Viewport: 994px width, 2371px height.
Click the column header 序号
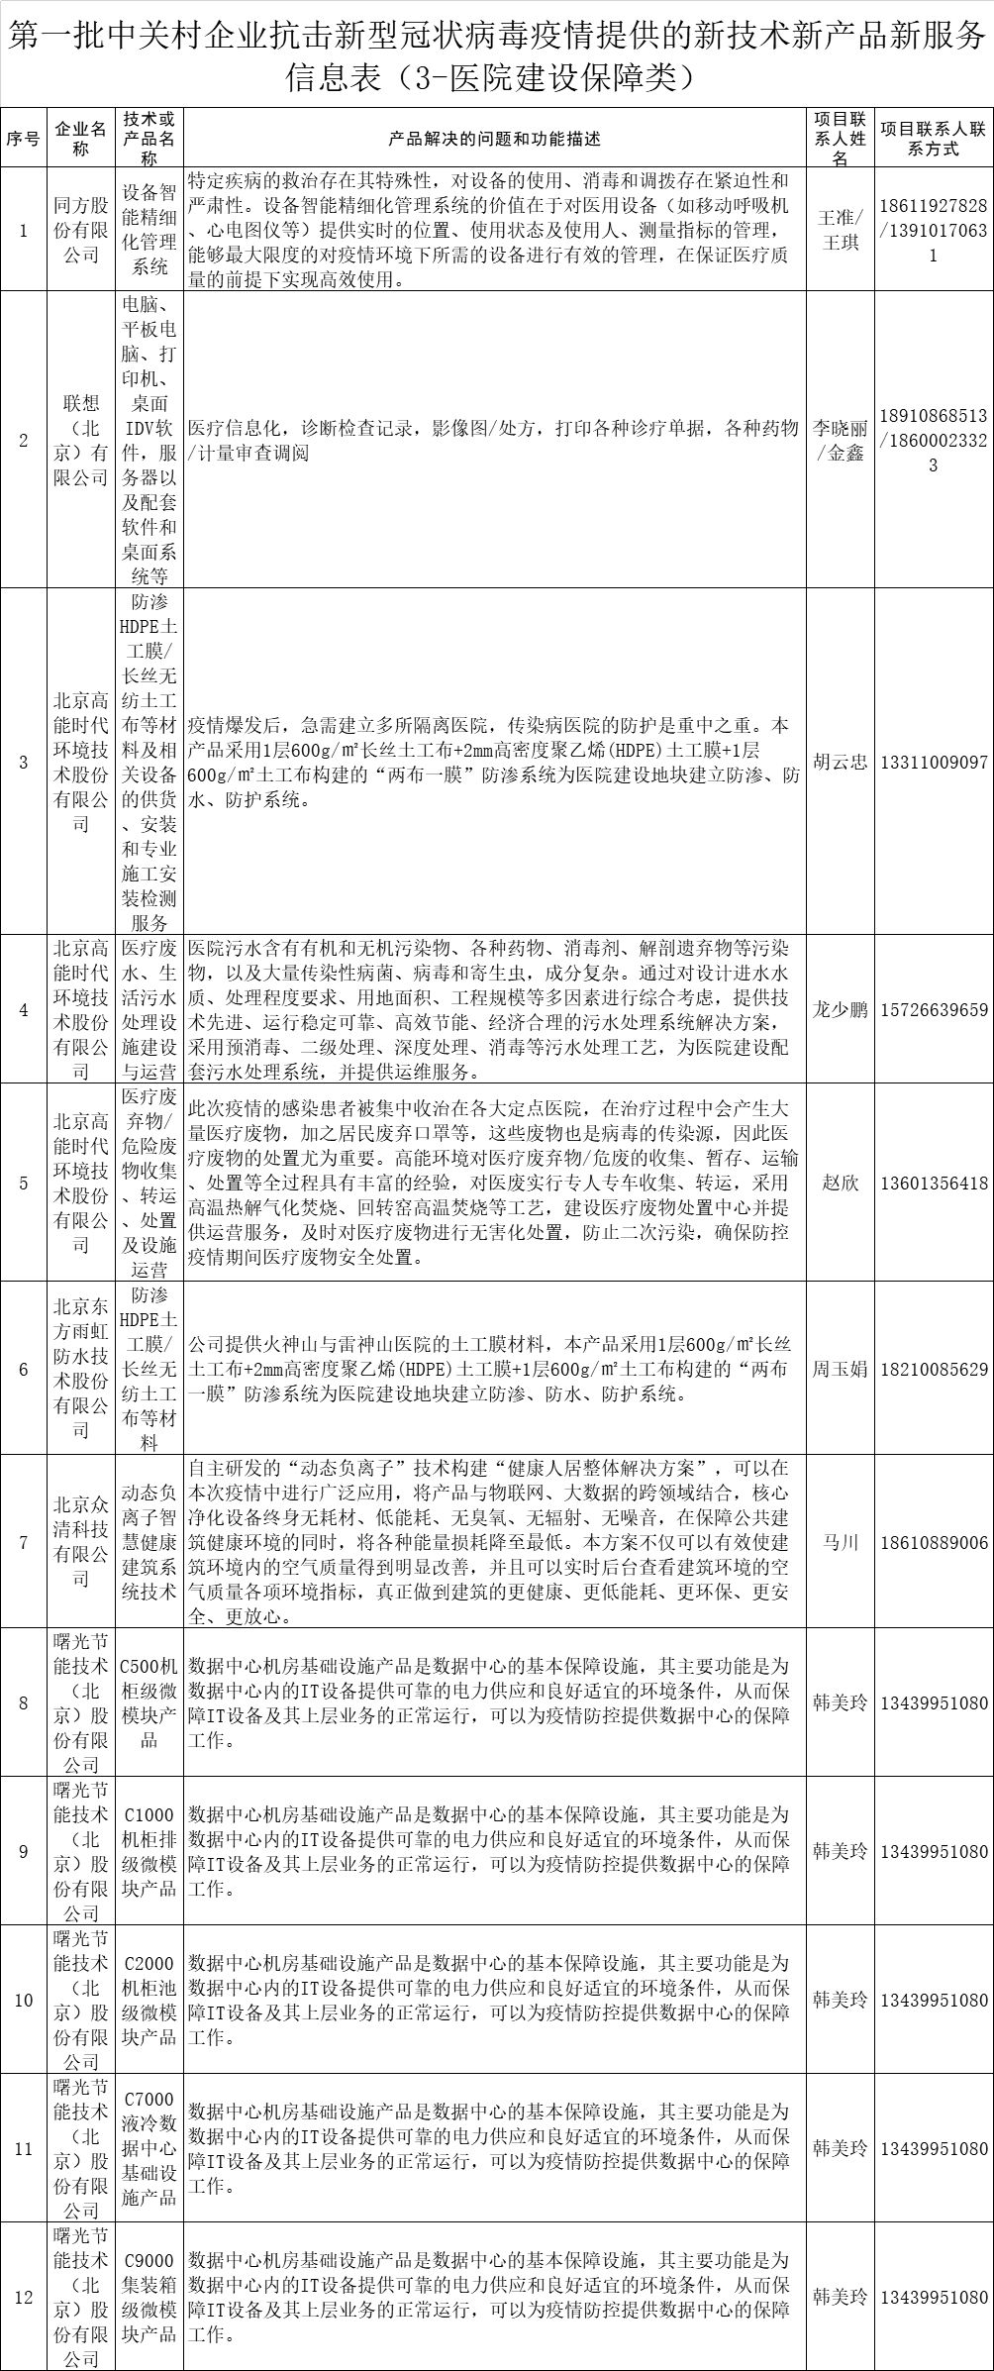(x=24, y=139)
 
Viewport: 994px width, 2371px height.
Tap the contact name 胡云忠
(x=840, y=762)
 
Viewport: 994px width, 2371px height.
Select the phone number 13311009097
(x=934, y=762)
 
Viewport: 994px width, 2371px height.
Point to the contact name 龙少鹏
(x=840, y=1009)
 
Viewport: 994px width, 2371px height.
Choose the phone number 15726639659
(x=934, y=1009)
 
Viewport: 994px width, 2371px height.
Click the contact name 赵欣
(x=840, y=1183)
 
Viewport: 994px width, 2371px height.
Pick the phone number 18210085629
(x=934, y=1369)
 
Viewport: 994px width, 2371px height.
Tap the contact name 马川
(x=840, y=1542)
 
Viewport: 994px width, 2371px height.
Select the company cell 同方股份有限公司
(x=81, y=230)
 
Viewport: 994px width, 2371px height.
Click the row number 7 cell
(x=24, y=1542)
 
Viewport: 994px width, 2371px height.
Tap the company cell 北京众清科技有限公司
(x=81, y=1542)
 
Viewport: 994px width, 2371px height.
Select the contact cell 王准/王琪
(x=840, y=230)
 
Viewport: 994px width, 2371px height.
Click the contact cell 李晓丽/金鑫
(x=840, y=441)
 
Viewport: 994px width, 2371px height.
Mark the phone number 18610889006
(x=934, y=1542)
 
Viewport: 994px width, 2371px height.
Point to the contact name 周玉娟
(x=840, y=1369)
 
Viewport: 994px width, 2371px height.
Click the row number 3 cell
(x=24, y=762)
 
